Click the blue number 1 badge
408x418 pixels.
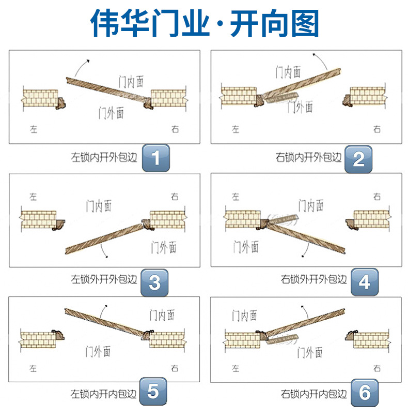(x=155, y=158)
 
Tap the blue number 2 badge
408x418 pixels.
(x=358, y=159)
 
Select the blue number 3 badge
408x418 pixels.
(x=154, y=282)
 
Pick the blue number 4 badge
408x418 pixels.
(x=364, y=282)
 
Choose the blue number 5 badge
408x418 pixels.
(x=153, y=391)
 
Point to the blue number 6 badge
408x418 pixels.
(x=364, y=393)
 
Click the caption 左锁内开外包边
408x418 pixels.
(x=104, y=157)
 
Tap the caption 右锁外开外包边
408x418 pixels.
(x=314, y=279)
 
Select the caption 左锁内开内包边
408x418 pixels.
(x=103, y=394)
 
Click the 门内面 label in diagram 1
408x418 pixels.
(x=131, y=82)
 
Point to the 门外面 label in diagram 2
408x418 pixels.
(x=300, y=107)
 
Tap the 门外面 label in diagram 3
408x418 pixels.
(x=164, y=247)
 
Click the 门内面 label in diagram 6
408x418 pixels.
(x=244, y=316)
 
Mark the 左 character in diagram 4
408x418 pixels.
(x=236, y=197)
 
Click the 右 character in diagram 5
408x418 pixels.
(x=175, y=368)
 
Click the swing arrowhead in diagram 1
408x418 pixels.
(x=88, y=61)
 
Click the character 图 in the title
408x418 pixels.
(x=305, y=23)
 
